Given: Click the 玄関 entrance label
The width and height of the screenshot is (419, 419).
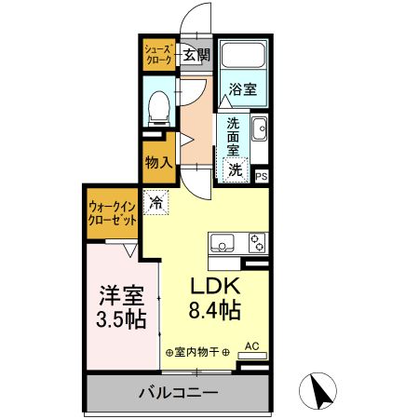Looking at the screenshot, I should click(196, 55).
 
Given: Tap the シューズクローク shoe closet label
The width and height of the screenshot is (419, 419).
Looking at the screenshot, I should click(157, 52).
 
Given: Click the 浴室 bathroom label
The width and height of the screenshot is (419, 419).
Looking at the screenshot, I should click(244, 90).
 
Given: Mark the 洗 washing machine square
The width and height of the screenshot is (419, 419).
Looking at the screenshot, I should click(236, 169).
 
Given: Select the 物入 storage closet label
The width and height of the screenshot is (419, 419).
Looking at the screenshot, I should click(157, 161).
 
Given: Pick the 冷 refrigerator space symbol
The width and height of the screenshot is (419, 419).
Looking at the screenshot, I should click(156, 201).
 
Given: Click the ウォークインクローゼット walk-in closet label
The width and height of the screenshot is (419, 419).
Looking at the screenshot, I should click(112, 211).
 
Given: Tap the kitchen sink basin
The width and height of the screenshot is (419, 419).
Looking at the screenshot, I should click(223, 245).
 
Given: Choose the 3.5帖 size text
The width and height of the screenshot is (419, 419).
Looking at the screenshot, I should click(123, 318).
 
